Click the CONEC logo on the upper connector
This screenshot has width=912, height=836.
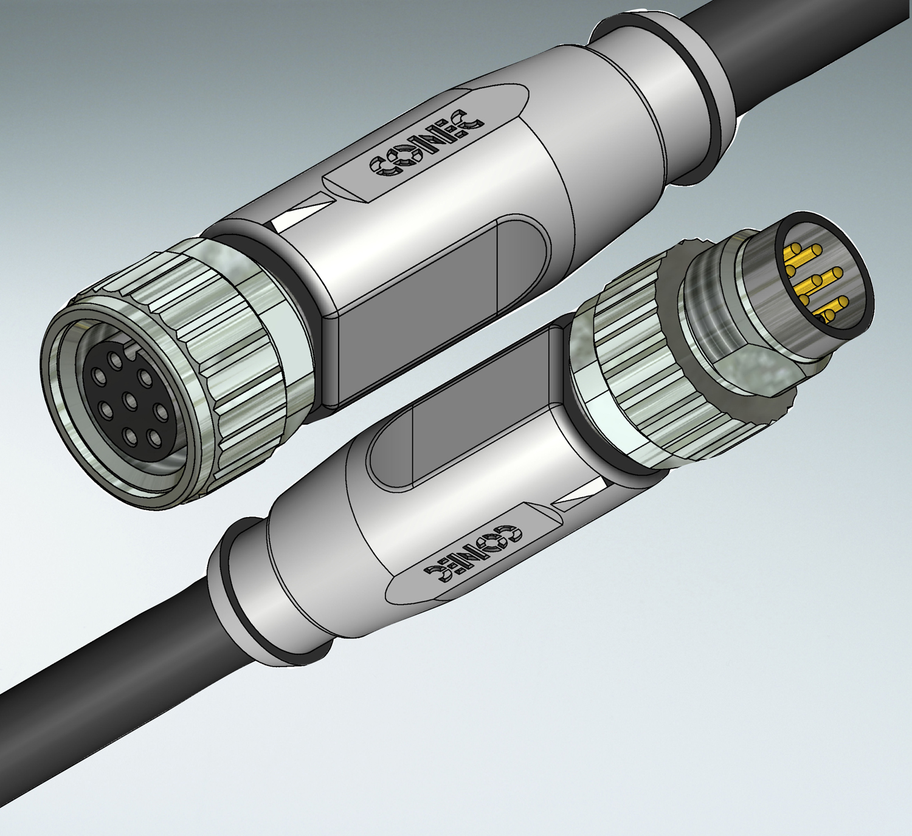tap(426, 146)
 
